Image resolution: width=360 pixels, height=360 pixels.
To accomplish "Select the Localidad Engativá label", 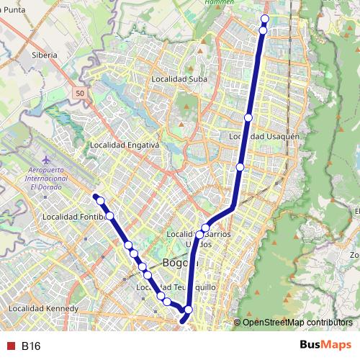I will click(x=124, y=145).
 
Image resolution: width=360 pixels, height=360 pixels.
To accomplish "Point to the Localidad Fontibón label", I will click(x=74, y=216).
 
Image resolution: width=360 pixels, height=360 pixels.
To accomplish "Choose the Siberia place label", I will click(x=44, y=55).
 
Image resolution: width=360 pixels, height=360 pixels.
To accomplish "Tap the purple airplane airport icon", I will click(x=48, y=158).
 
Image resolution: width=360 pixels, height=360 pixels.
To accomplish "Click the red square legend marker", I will click(x=10, y=346).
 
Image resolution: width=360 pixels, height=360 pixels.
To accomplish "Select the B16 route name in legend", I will click(x=31, y=346).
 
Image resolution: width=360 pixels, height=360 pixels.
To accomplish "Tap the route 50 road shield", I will click(x=79, y=94).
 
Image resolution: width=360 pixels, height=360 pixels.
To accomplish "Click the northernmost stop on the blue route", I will click(x=264, y=19).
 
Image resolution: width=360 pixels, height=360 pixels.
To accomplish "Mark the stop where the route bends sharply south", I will click(x=188, y=310).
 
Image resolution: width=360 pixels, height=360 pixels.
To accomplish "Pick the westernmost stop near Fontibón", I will click(x=101, y=200).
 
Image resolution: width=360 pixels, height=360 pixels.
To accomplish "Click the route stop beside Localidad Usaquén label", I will click(x=248, y=117).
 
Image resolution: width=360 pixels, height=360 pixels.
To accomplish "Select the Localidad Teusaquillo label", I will click(x=176, y=287).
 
